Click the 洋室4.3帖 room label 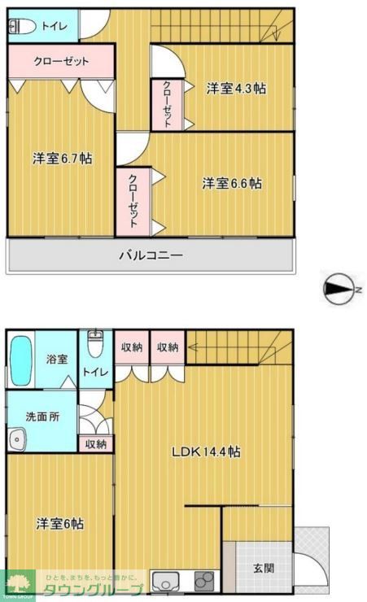tap(235, 89)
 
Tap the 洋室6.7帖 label tap(62, 159)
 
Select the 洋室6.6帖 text tap(232, 184)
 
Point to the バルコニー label tap(151, 255)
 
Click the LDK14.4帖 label tap(204, 451)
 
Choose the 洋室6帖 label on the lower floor tap(59, 524)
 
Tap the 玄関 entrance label tap(263, 568)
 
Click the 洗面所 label tap(42, 416)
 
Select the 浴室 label tap(56, 358)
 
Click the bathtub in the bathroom tap(20, 360)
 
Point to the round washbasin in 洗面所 tap(17, 439)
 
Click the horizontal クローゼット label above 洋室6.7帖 tap(61, 60)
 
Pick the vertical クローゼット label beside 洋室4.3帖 tap(167, 104)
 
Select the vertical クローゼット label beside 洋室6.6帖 tap(133, 199)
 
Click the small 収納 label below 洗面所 tap(95, 444)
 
